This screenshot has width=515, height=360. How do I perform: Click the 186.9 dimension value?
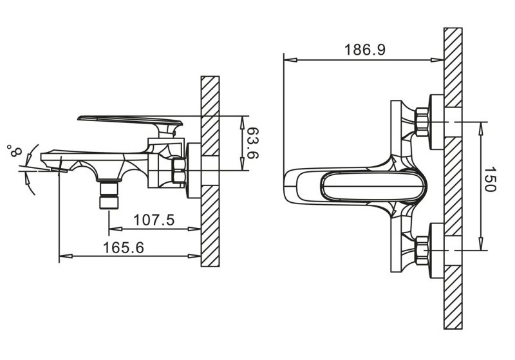364,50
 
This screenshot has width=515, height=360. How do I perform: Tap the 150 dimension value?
490,179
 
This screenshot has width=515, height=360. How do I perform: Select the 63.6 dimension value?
253,143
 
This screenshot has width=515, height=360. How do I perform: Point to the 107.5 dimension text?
154,220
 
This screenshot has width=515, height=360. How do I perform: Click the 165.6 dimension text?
123,247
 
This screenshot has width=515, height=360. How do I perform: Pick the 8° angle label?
14,151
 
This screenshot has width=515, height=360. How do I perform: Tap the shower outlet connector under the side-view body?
109,194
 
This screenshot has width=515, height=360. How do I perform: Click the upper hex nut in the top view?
422,122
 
